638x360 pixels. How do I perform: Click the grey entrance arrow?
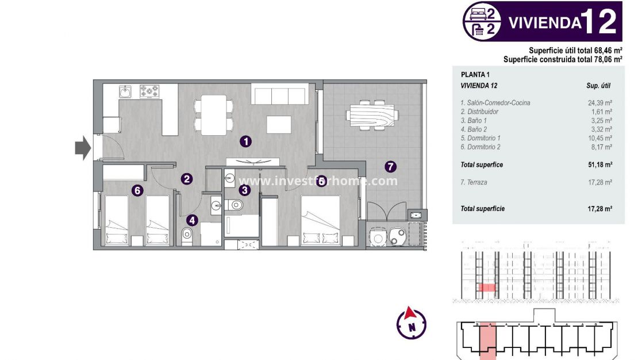83,148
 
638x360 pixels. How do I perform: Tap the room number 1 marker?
245,140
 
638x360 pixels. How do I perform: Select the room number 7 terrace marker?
390,167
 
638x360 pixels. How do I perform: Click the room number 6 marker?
137,190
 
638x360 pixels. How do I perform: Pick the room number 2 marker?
186,179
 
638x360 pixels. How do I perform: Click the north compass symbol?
412,323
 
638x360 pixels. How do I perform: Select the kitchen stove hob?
150,91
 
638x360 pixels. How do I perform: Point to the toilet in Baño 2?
187,236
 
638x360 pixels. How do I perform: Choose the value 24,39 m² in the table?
599,103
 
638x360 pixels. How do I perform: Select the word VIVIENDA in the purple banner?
543,23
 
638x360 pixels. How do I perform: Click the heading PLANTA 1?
475,74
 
